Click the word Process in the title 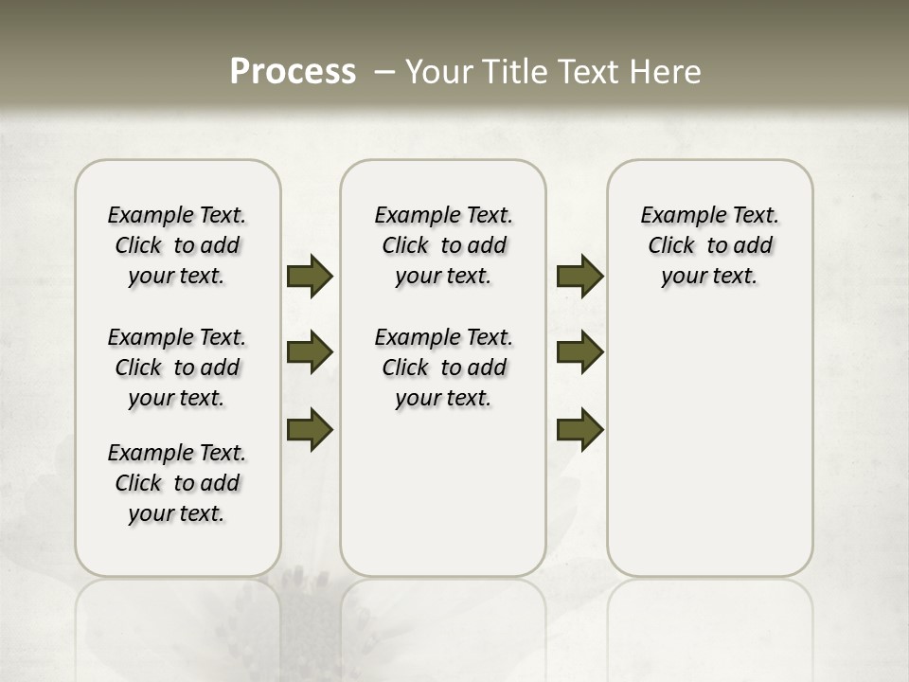coord(293,71)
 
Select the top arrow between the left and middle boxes coord(310,276)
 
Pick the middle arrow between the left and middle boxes coord(310,352)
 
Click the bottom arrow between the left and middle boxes coord(310,429)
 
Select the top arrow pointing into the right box coord(579,276)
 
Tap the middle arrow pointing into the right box coord(579,352)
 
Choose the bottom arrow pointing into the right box coord(579,429)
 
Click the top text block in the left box coord(177,245)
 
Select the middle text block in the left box coord(177,368)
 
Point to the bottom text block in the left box coord(177,483)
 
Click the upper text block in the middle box coord(443,245)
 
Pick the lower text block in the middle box coord(443,368)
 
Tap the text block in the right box coord(710,245)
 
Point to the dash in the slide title coord(384,71)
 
